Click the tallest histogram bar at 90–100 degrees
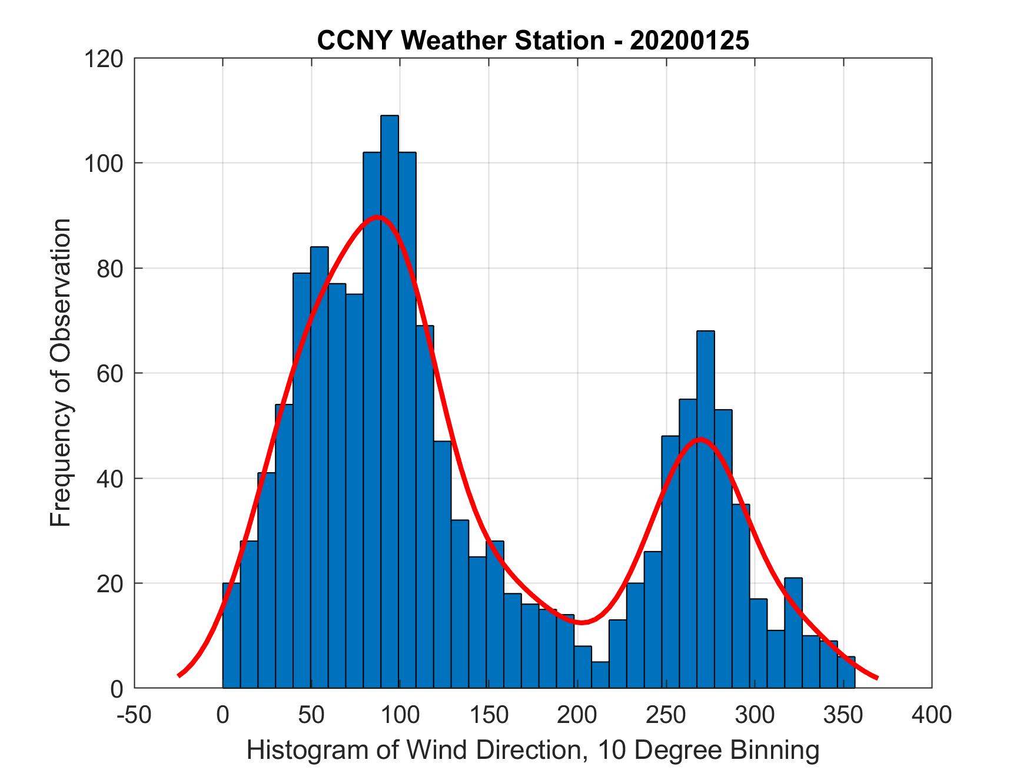[x=390, y=400]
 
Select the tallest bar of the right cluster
[x=705, y=506]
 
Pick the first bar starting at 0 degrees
[x=231, y=636]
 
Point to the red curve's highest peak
[x=378, y=217]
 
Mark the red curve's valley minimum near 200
[x=582, y=622]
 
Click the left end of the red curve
[x=179, y=675]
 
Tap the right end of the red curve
[x=876, y=678]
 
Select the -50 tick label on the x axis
[x=135, y=715]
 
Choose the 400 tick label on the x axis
[x=932, y=715]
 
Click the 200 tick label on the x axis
[x=577, y=715]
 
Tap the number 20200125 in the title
[x=689, y=41]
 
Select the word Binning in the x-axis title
[x=775, y=751]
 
